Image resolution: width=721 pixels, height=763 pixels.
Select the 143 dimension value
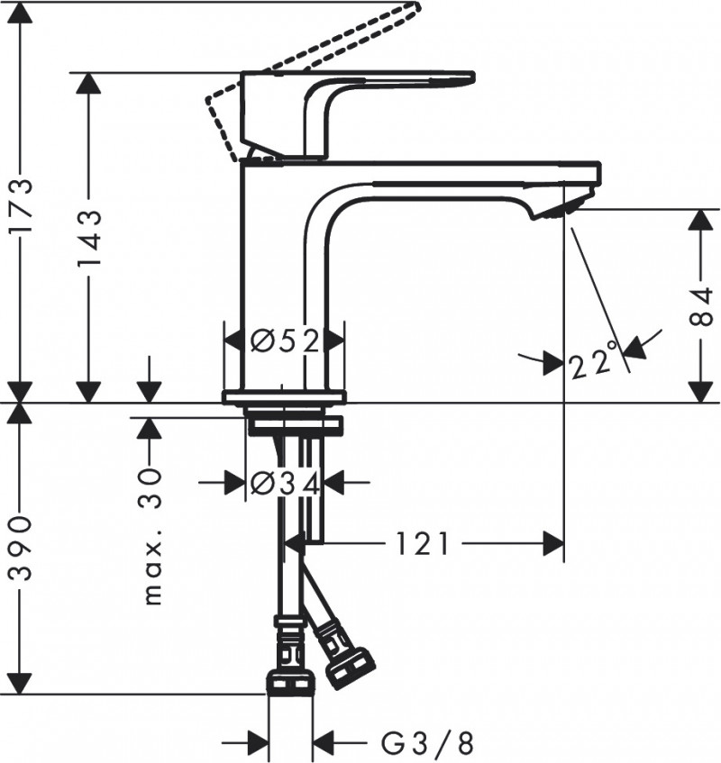pyautogui.click(x=88, y=238)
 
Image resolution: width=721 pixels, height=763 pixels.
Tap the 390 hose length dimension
pyautogui.click(x=21, y=549)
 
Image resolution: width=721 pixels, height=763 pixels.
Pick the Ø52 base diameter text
pyautogui.click(x=285, y=341)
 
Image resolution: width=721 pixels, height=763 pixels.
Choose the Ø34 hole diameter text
pyautogui.click(x=285, y=484)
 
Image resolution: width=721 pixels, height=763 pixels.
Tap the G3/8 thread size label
pyautogui.click(x=426, y=743)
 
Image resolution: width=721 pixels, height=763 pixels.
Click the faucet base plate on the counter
pyautogui.click(x=285, y=397)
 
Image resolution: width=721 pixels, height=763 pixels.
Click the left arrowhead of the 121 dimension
pyautogui.click(x=294, y=543)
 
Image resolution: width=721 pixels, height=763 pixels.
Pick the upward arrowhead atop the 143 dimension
pyautogui.click(x=88, y=83)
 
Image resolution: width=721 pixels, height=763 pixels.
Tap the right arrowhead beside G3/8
pyautogui.click(x=324, y=743)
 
